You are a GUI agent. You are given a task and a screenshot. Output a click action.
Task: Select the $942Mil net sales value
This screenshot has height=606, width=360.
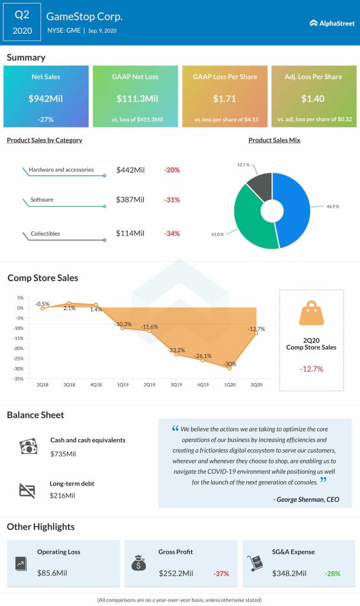(46, 98)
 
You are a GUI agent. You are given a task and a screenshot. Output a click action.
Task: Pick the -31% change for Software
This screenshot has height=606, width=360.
(172, 200)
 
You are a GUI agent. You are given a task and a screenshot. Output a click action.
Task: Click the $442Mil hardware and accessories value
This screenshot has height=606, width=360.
(130, 170)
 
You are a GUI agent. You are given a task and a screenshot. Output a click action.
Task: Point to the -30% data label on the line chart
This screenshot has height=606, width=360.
(230, 363)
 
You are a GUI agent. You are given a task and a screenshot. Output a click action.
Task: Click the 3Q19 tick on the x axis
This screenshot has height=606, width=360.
(176, 385)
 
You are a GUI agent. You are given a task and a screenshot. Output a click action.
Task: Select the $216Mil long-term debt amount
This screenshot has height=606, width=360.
(63, 495)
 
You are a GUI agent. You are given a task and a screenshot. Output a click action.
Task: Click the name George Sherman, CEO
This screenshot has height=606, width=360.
(307, 500)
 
